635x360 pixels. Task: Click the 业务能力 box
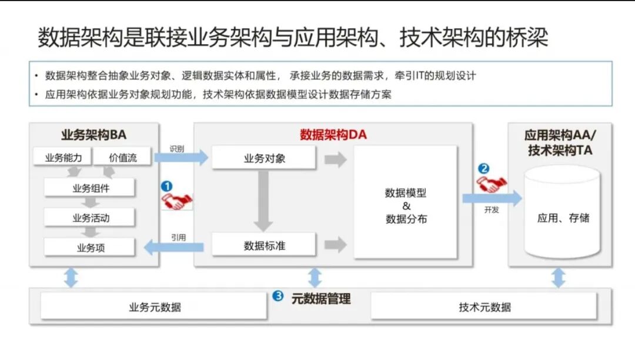pos(68,157)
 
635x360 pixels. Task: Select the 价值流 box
pos(122,157)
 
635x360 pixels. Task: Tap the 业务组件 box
pos(90,188)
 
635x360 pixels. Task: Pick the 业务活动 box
pos(90,218)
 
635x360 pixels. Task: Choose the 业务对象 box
pos(264,158)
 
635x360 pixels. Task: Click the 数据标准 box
pos(264,245)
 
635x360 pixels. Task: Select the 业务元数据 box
pos(155,306)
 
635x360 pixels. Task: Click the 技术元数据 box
pos(484,306)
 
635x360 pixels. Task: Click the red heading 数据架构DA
pos(333,135)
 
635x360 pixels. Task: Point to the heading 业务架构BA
pos(93,135)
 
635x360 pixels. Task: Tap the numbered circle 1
pos(167,186)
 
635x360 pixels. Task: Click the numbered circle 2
pos(483,168)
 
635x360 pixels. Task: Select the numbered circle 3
pos(278,296)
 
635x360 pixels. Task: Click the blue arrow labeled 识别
pos(181,157)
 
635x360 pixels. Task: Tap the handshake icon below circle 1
pos(176,202)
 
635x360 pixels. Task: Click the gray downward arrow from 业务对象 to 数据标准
pos(264,200)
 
